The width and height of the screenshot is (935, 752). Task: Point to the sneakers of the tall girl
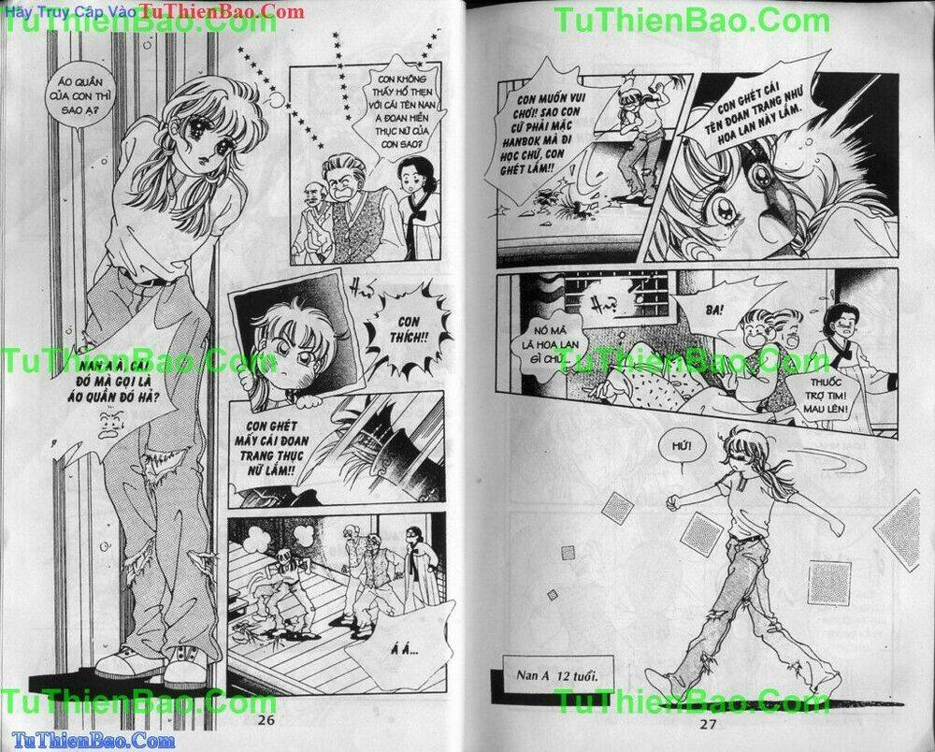tap(154, 663)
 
